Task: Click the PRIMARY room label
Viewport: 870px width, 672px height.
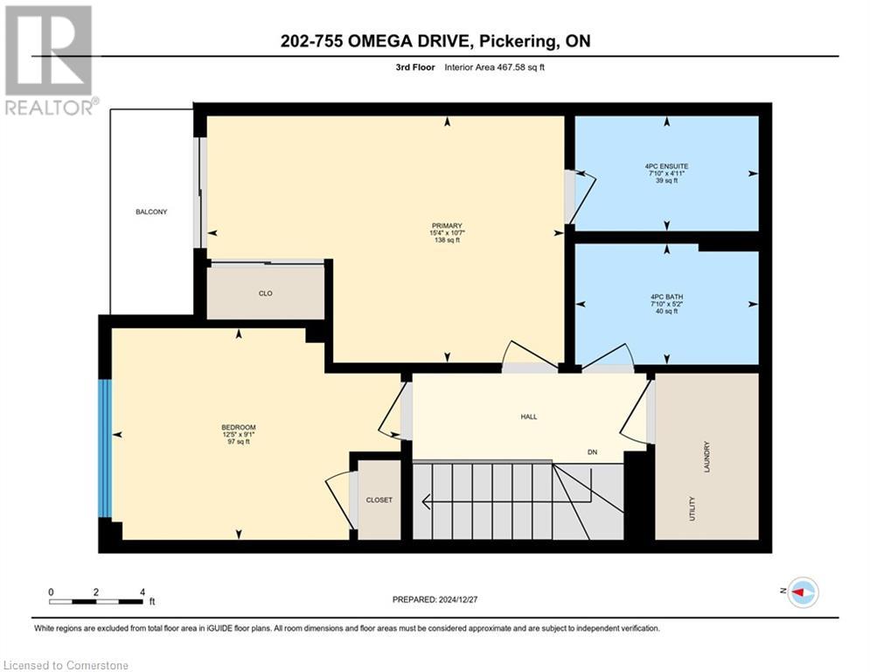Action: coord(446,225)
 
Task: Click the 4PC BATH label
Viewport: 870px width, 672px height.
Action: coord(666,297)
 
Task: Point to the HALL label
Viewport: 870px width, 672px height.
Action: coord(528,416)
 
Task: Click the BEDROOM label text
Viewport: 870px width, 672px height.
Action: coord(238,427)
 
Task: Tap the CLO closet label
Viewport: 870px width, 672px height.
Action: coord(266,293)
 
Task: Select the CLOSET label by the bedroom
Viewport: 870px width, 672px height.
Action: coord(379,500)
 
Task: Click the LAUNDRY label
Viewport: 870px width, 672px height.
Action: coord(706,458)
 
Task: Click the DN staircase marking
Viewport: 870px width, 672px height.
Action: coord(592,452)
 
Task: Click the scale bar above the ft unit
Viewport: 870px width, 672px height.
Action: coord(96,601)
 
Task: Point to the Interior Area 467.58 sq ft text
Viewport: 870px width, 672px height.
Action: coord(494,67)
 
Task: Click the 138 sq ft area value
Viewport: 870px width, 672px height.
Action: coord(446,241)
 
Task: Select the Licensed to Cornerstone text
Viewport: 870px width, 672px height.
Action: coord(66,666)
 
